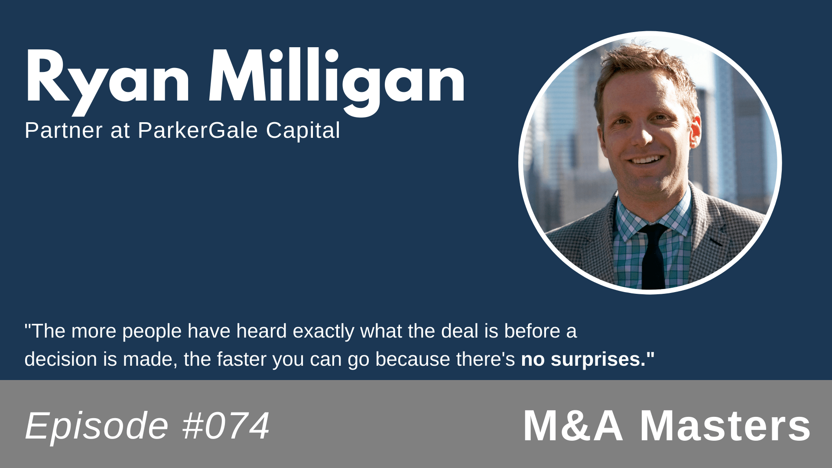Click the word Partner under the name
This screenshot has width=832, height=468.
(x=64, y=130)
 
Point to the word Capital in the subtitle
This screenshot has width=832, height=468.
(x=303, y=130)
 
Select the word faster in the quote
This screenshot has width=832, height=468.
(x=241, y=359)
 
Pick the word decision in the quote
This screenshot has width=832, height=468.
(x=61, y=359)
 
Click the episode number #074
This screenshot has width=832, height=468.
(x=226, y=426)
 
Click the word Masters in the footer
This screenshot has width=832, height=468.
(x=725, y=426)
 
